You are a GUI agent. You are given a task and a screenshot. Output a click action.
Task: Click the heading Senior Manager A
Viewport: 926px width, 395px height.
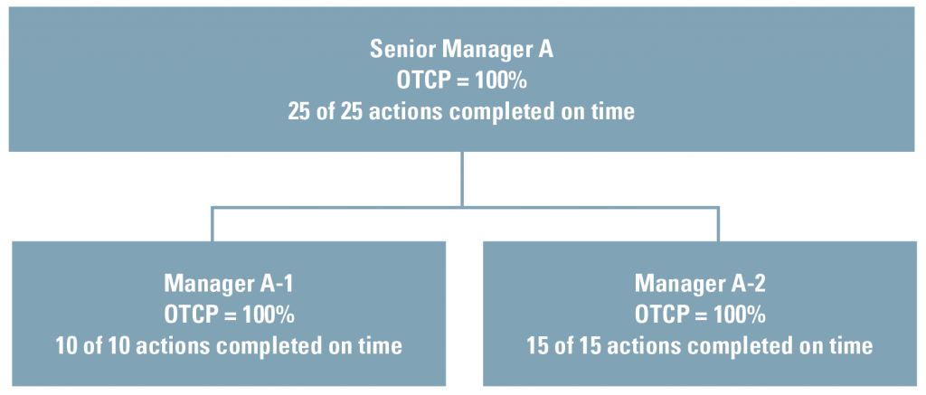tap(461, 50)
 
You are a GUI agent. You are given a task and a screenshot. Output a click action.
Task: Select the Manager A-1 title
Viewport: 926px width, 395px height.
tap(229, 284)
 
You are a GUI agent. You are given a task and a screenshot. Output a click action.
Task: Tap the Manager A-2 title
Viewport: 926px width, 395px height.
tap(700, 284)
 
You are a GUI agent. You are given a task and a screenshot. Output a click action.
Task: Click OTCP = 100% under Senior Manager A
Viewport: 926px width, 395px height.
tap(461, 80)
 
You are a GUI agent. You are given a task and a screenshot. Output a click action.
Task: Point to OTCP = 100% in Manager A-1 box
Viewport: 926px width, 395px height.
tap(229, 315)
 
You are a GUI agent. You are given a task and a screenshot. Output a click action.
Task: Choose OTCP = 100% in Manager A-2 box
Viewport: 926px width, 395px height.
tap(700, 315)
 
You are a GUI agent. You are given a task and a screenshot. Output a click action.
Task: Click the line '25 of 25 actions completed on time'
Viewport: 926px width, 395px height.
tap(461, 111)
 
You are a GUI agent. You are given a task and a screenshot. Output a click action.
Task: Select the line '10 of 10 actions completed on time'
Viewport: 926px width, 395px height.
tap(229, 345)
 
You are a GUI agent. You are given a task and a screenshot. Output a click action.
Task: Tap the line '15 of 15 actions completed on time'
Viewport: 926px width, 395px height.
tap(700, 345)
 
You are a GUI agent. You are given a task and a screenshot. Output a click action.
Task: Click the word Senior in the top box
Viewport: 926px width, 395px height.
tap(402, 50)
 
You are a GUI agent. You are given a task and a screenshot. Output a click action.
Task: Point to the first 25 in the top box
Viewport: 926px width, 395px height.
tap(299, 111)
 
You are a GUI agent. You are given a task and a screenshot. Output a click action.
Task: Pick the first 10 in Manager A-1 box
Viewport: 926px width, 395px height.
tap(67, 345)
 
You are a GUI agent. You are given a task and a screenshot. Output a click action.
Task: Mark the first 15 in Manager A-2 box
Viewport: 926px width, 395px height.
tap(539, 345)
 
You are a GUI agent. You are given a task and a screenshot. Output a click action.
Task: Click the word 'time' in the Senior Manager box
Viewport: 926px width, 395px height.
tap(614, 111)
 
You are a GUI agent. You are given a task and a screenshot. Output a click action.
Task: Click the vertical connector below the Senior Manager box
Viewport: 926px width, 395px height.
tap(462, 180)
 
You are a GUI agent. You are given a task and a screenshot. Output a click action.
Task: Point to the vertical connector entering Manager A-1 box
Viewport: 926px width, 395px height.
tap(212, 224)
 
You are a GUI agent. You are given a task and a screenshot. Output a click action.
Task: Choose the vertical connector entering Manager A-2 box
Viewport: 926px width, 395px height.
tap(718, 224)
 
